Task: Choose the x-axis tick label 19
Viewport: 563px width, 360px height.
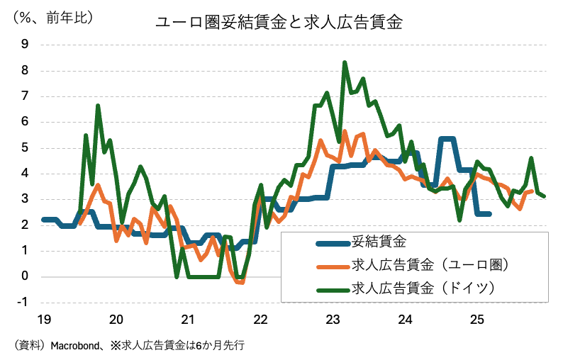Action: click(x=44, y=319)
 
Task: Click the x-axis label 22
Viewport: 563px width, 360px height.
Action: click(x=260, y=319)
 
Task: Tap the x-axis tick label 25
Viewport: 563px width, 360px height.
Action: click(x=476, y=319)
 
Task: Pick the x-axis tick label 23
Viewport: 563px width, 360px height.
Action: click(x=333, y=319)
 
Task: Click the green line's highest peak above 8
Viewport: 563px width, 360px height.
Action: click(x=345, y=62)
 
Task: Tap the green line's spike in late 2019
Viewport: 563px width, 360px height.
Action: click(x=98, y=106)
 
